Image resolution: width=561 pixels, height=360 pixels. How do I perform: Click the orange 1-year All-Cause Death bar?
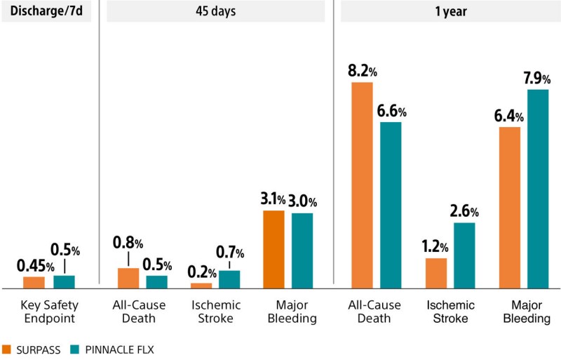point(362,185)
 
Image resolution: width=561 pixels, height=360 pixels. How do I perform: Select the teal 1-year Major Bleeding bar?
point(538,189)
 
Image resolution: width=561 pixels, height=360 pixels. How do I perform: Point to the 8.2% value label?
point(363,71)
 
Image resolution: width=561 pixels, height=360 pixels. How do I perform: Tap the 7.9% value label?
point(536,78)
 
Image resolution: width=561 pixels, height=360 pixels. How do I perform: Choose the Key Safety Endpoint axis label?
point(48,312)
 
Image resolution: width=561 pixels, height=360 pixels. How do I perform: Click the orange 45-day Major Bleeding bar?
point(273,249)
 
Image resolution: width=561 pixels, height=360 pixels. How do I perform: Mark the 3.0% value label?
point(302,201)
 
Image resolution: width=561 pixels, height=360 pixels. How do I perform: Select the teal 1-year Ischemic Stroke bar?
point(464,255)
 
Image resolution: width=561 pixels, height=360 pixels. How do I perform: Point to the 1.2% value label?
point(435,247)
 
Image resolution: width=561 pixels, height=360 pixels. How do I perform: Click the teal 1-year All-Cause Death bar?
point(391,205)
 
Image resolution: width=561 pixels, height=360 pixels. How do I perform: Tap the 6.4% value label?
point(508,116)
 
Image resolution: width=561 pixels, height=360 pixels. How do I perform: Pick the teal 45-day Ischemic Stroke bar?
point(229,279)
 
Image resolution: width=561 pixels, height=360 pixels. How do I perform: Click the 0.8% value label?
point(128,244)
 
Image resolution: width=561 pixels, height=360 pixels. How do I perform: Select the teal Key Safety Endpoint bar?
point(64,281)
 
